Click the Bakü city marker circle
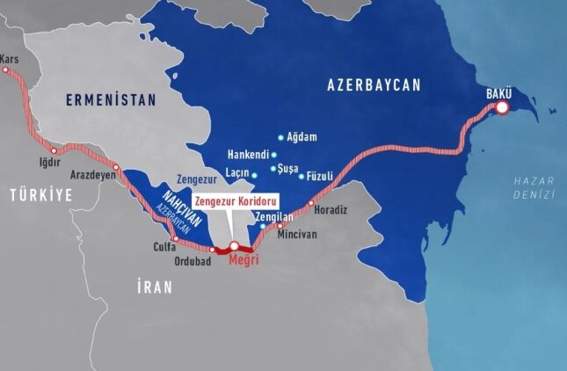502,108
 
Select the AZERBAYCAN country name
374,84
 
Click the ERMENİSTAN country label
110,101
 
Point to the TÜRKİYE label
40,196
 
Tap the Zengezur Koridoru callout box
235,200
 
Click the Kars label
10,59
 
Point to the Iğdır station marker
55,151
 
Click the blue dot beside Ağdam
280,137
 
